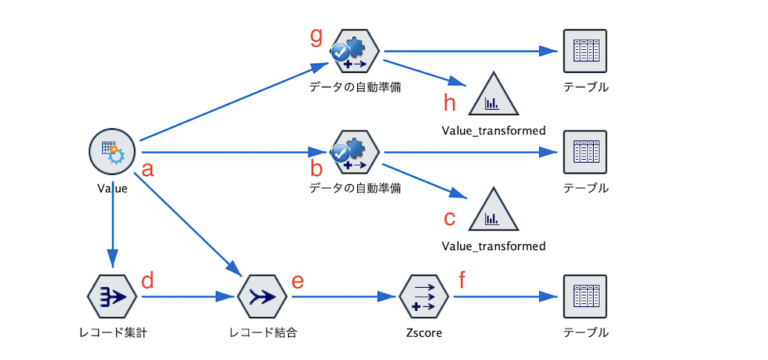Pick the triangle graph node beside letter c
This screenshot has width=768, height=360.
[x=493, y=211]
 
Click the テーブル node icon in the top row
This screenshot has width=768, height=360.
[x=585, y=51]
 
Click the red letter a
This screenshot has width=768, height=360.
[x=148, y=169]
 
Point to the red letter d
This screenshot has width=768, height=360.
[x=148, y=280]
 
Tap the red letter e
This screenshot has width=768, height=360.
[x=298, y=280]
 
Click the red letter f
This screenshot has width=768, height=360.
[x=462, y=280]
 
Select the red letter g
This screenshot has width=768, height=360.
[x=316, y=35]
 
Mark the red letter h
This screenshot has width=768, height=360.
[x=452, y=102]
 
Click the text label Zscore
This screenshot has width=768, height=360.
[x=424, y=333]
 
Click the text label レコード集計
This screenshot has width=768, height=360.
[x=113, y=333]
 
